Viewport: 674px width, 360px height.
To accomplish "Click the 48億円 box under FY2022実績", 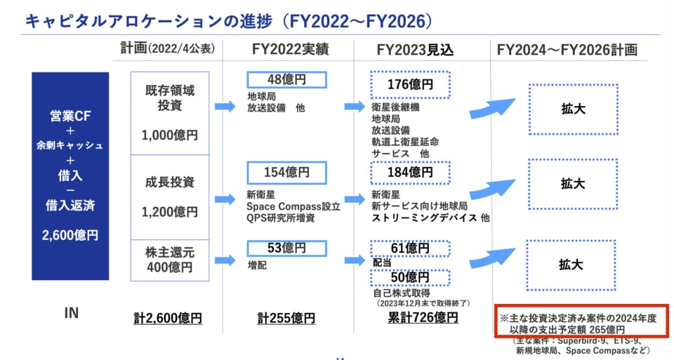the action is pos(286,80).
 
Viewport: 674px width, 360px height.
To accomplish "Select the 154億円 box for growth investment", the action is pos(286,172).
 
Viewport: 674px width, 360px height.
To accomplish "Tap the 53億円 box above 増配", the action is pos(286,248).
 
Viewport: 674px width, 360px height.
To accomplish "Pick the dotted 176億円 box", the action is pos(411,85).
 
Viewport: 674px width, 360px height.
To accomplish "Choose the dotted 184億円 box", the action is pos(411,172).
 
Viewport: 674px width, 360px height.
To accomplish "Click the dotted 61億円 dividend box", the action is pos(411,248).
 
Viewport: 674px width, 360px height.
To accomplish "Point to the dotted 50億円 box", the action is pos(411,277).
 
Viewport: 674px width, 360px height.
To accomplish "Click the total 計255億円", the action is pos(286,318).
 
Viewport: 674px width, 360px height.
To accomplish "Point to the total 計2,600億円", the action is pos(168,318).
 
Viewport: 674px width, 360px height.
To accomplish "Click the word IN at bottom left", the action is pos(71,314).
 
